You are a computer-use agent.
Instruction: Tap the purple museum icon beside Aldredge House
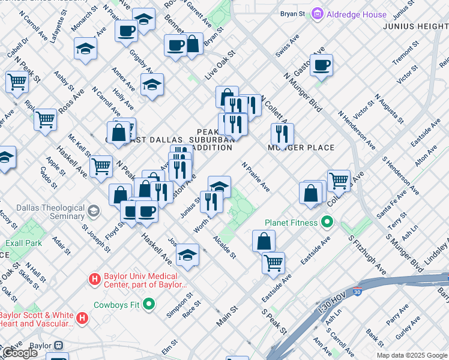point(318,14)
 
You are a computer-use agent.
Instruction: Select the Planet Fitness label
point(292,223)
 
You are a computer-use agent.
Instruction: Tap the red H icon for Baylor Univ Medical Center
point(94,279)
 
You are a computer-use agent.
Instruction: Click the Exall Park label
point(24,243)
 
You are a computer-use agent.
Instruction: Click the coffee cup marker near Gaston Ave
point(321,65)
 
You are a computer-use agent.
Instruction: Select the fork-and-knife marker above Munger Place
point(282,134)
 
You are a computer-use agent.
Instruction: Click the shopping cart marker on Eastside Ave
point(274,262)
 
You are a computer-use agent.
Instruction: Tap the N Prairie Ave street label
point(256,177)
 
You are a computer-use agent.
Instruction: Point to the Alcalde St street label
point(224,247)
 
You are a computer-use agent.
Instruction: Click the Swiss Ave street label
point(287,46)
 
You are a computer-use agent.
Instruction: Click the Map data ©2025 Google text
point(412,355)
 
